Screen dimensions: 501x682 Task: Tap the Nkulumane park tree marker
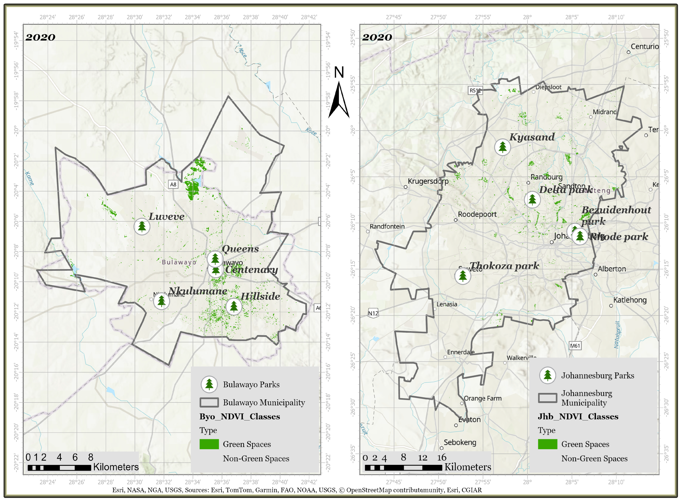coord(161,301)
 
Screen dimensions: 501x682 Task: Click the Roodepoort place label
coord(477,214)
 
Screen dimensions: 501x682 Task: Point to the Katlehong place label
coord(630,300)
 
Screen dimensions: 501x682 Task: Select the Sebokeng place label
coord(460,442)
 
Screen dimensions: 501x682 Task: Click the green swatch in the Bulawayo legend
coord(209,444)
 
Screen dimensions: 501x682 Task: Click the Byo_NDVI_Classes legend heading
coord(240,416)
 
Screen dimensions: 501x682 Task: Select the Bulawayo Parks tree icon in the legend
coord(209,384)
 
